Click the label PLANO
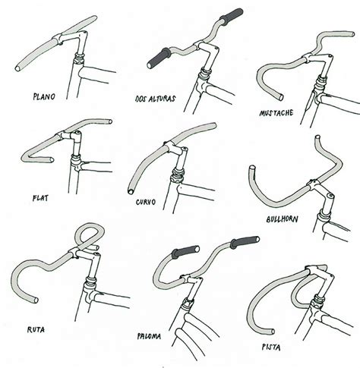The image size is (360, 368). pos(44,96)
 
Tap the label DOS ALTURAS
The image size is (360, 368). pos(155,99)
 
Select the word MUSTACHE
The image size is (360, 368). pos(276,113)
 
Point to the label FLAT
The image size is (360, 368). pos(40,198)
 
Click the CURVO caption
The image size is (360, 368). pos(146,202)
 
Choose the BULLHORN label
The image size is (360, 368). pos(282,219)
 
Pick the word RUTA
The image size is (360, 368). pos(36,329)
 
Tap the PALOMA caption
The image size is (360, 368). pos(149,336)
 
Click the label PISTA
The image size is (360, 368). pos(271,348)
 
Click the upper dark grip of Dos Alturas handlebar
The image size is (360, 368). pos(231,15)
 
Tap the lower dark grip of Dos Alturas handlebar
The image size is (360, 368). pos(159,58)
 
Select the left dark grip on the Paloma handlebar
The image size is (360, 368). pos(185,252)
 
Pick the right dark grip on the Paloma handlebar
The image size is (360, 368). pos(245,242)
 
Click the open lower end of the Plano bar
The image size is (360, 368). pos(18,68)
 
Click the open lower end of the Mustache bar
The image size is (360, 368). pos(281,97)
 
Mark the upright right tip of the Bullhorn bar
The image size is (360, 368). pos(317,138)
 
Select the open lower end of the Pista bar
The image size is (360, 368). pos(272,332)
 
